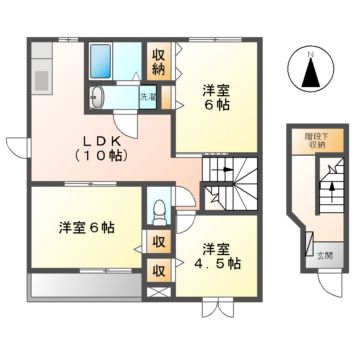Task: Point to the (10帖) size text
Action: click(97, 156)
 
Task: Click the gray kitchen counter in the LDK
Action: click(40, 76)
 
